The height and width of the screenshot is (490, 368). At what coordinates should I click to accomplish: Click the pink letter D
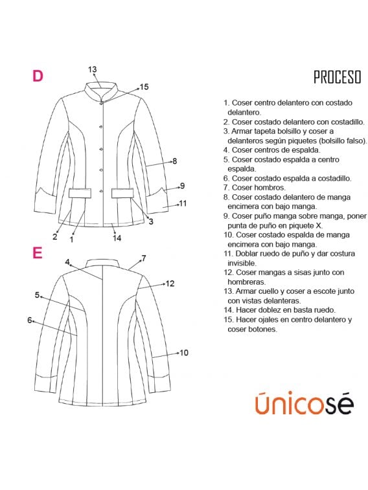(x=38, y=76)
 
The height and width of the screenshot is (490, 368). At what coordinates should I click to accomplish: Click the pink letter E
(x=38, y=252)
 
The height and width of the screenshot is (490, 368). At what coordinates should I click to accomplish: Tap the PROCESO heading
(x=337, y=78)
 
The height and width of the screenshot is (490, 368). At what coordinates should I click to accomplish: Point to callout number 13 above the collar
(x=92, y=69)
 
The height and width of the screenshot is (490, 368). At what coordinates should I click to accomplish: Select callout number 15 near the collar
(x=144, y=86)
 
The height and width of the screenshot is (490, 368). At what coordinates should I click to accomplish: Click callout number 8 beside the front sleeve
(x=174, y=161)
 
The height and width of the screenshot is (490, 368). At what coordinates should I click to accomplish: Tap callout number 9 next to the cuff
(x=182, y=185)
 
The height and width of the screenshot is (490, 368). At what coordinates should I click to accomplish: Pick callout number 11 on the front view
(x=183, y=203)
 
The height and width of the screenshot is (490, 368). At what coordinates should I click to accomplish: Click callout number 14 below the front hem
(x=117, y=238)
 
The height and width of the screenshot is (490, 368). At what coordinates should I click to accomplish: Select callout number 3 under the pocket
(x=151, y=222)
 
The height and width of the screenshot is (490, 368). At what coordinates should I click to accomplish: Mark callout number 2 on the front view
(x=55, y=237)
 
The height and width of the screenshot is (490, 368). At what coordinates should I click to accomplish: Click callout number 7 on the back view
(x=143, y=258)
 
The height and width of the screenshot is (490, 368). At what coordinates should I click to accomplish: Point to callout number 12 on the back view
(x=170, y=283)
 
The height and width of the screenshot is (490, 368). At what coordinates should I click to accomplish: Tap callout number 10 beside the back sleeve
(x=184, y=353)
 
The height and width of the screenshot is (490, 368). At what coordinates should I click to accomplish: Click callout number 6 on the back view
(x=30, y=320)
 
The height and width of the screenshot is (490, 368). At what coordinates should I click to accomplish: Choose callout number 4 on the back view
(x=67, y=262)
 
